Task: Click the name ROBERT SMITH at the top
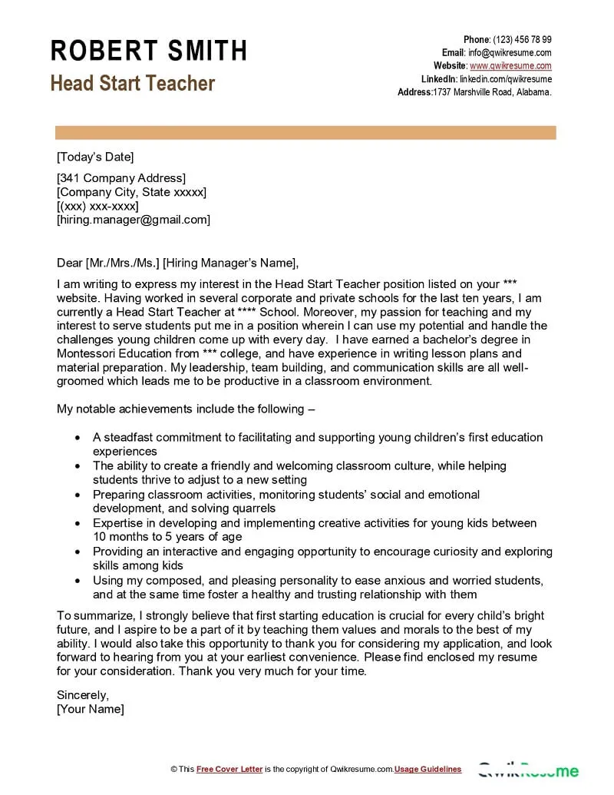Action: point(149,51)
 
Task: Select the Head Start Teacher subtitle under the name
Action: point(133,83)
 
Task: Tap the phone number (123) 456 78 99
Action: point(522,40)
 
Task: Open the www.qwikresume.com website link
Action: point(510,66)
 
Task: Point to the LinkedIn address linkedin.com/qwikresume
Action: point(506,79)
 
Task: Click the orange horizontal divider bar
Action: point(305,134)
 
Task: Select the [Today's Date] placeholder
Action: point(95,157)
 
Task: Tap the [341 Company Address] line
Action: point(121,178)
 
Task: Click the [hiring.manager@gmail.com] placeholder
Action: point(134,220)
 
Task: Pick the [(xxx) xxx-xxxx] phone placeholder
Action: point(97,206)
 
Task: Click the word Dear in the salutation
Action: point(70,261)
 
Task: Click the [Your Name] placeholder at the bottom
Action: point(90,708)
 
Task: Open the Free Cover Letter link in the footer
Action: point(229,769)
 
